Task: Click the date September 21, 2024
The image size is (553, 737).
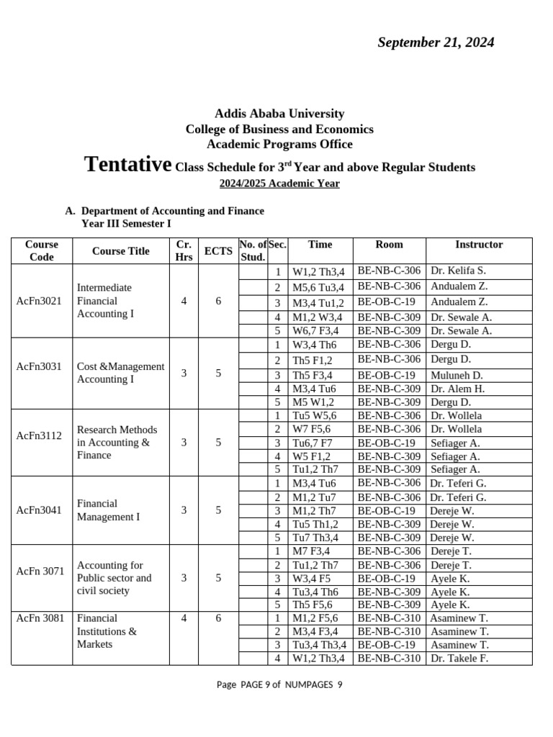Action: tap(436, 42)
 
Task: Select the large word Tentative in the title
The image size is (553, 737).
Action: tap(127, 164)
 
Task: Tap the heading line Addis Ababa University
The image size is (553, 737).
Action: tap(279, 114)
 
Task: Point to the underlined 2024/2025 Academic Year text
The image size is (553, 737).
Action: tap(279, 184)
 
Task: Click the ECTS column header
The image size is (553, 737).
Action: tap(218, 250)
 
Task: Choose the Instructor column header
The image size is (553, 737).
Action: tap(479, 245)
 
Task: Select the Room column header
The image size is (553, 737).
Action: tap(389, 245)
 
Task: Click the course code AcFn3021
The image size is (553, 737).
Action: tap(39, 301)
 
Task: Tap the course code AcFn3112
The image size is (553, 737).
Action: tap(39, 435)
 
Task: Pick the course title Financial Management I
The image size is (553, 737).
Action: tap(108, 510)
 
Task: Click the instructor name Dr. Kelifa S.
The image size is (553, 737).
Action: tap(458, 271)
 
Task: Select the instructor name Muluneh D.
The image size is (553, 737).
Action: tap(457, 375)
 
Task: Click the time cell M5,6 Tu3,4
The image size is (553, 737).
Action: tap(318, 287)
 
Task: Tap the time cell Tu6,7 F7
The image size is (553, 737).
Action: tap(313, 443)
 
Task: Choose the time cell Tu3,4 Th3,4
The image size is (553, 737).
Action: tap(320, 645)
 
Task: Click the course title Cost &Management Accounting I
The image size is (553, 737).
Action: tap(120, 373)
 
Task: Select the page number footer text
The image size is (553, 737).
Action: tap(279, 684)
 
